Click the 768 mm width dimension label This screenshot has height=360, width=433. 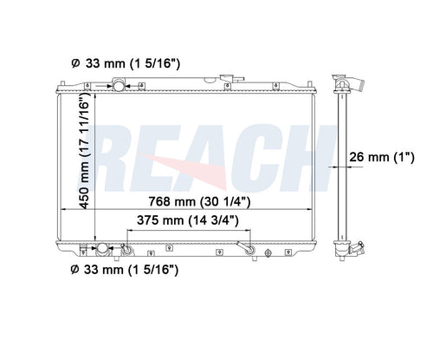click(199, 201)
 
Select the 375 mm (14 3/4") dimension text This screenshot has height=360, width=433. click(188, 220)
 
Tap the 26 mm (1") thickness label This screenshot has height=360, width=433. click(382, 157)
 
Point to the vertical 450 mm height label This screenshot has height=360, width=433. click(85, 150)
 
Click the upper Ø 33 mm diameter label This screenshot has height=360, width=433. click(126, 63)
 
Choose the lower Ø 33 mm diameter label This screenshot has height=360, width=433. click(125, 270)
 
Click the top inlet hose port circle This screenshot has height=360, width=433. click(119, 86)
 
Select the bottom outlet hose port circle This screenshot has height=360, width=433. click(102, 248)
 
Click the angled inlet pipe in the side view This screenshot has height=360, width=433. click(358, 84)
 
